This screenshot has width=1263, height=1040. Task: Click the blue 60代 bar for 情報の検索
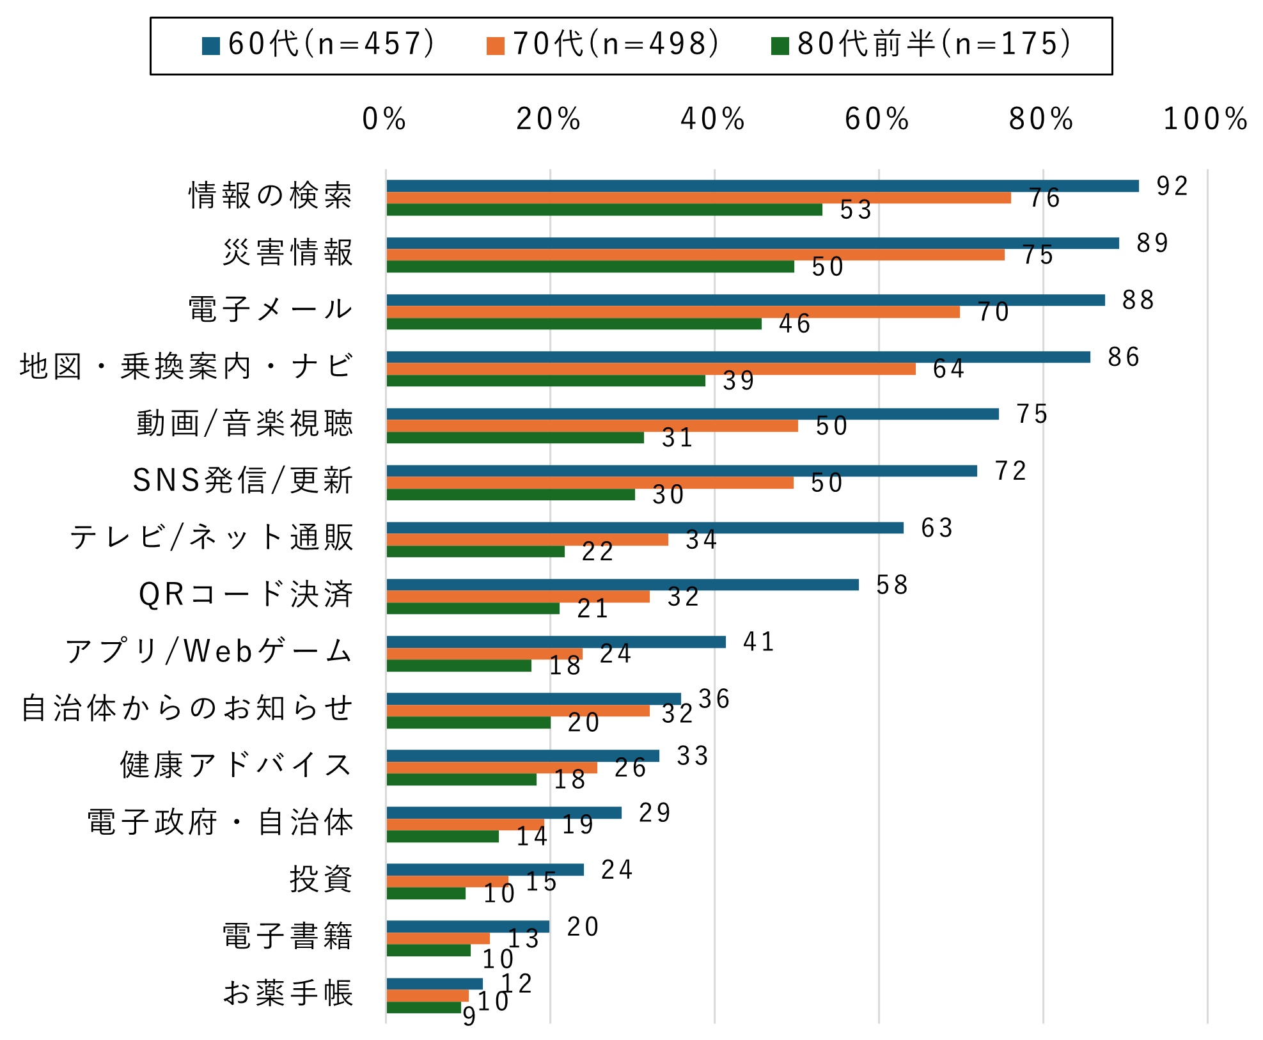[x=762, y=186]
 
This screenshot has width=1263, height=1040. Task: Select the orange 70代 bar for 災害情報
[x=695, y=255]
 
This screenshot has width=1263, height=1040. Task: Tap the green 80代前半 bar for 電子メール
[x=574, y=324]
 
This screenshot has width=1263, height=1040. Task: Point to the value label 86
[x=1124, y=357]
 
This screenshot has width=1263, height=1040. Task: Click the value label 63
[x=937, y=528]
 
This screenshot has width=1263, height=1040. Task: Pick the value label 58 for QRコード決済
[x=892, y=585]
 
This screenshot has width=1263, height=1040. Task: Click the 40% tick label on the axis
[x=712, y=119]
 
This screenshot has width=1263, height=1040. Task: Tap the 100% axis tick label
[x=1205, y=119]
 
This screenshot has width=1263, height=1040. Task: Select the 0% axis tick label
[x=384, y=119]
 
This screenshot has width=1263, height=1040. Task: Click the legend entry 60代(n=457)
[x=318, y=44]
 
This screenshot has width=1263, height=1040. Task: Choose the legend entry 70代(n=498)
[x=603, y=44]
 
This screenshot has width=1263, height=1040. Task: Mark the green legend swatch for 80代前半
[x=780, y=46]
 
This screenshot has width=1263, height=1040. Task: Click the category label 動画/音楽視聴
[x=244, y=423]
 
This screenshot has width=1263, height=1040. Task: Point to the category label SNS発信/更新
[x=243, y=480]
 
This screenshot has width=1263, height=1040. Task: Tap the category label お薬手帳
[x=288, y=993]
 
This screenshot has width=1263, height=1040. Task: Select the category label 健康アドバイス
[x=237, y=765]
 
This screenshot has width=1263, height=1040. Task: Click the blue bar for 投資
[x=485, y=870]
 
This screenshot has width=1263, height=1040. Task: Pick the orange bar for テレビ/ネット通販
[x=527, y=540]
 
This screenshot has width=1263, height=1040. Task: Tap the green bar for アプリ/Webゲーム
[x=459, y=666]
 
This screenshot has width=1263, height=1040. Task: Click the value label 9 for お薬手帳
[x=469, y=1016]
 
